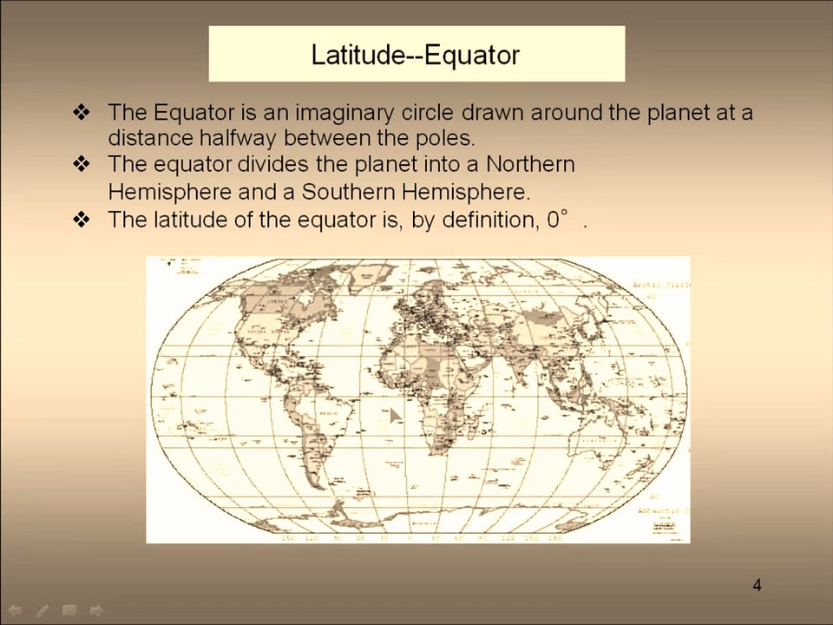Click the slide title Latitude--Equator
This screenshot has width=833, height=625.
(416, 55)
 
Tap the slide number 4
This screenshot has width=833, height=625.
(757, 585)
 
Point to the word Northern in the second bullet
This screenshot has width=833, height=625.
(530, 164)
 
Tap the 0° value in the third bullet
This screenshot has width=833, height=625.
(556, 220)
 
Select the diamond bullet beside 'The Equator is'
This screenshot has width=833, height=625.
(82, 112)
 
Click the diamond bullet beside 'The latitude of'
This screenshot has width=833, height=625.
(82, 220)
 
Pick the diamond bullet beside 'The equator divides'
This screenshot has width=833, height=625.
(82, 164)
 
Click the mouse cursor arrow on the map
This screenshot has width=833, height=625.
(394, 416)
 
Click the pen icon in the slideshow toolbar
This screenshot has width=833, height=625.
(43, 610)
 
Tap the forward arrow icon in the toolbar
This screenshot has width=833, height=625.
(96, 610)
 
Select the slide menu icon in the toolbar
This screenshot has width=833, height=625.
(69, 610)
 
